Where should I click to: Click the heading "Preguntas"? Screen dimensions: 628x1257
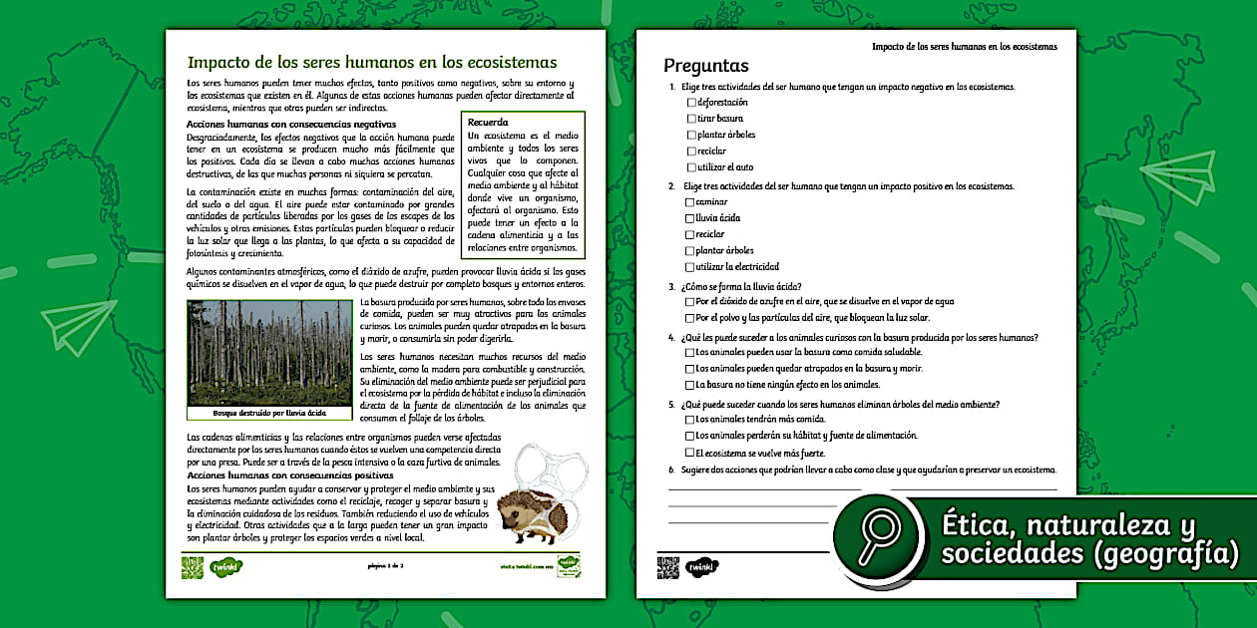tap(706, 67)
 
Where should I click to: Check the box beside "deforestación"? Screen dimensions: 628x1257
tap(690, 103)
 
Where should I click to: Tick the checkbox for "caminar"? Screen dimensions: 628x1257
tap(690, 202)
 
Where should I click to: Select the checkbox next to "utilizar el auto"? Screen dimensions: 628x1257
tap(690, 167)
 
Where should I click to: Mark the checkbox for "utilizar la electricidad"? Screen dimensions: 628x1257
tap(690, 267)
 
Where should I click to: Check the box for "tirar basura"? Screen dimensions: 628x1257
tap(690, 119)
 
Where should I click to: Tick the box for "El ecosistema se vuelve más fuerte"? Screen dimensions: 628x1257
tap(690, 453)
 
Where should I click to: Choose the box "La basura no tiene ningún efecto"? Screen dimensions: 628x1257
tap(690, 385)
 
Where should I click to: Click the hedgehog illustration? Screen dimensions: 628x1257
tap(530, 514)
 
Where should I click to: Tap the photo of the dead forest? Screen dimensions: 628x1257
tap(269, 352)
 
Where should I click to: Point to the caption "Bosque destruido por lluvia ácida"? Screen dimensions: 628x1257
tap(269, 413)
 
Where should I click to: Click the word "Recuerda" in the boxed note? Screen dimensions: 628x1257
tap(488, 122)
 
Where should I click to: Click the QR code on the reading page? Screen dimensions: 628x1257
tap(193, 567)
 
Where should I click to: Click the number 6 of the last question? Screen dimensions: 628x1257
tap(672, 470)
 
